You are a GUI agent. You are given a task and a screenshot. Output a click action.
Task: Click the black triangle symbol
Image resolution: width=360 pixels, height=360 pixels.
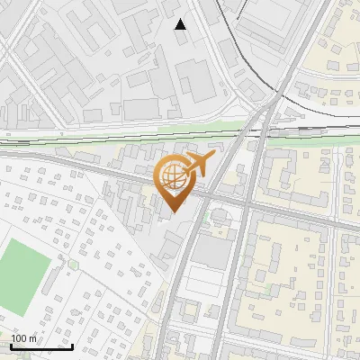click(x=181, y=23)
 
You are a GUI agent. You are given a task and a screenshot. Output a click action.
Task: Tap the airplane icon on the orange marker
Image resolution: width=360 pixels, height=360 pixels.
click(x=197, y=165)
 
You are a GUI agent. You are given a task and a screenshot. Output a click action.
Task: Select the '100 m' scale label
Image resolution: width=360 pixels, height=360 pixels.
click(x=24, y=338)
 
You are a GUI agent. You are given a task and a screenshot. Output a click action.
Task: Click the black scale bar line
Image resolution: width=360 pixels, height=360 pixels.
click(x=41, y=346)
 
